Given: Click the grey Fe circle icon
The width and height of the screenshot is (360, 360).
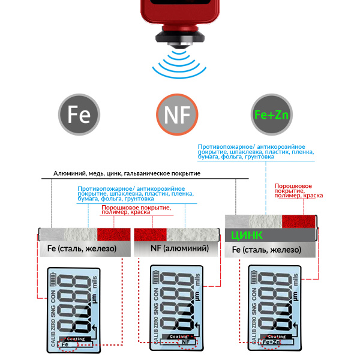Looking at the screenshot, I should (x=79, y=114).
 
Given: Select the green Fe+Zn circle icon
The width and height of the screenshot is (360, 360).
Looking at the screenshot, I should (x=271, y=114).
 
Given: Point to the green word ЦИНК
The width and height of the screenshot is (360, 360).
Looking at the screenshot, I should (x=247, y=234).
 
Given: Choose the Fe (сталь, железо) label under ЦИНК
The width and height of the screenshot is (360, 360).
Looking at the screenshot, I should (x=268, y=248).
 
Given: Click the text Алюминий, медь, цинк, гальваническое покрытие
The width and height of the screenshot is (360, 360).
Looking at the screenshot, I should (x=127, y=173).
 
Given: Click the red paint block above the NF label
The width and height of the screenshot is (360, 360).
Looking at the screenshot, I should (x=150, y=234).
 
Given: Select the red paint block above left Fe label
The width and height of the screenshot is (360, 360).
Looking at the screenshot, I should (x=113, y=234).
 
